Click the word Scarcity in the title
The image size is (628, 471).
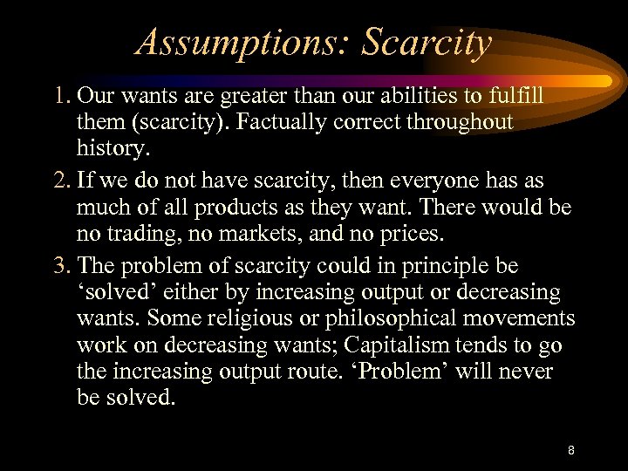coord(427,42)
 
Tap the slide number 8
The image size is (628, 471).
coord(570,451)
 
